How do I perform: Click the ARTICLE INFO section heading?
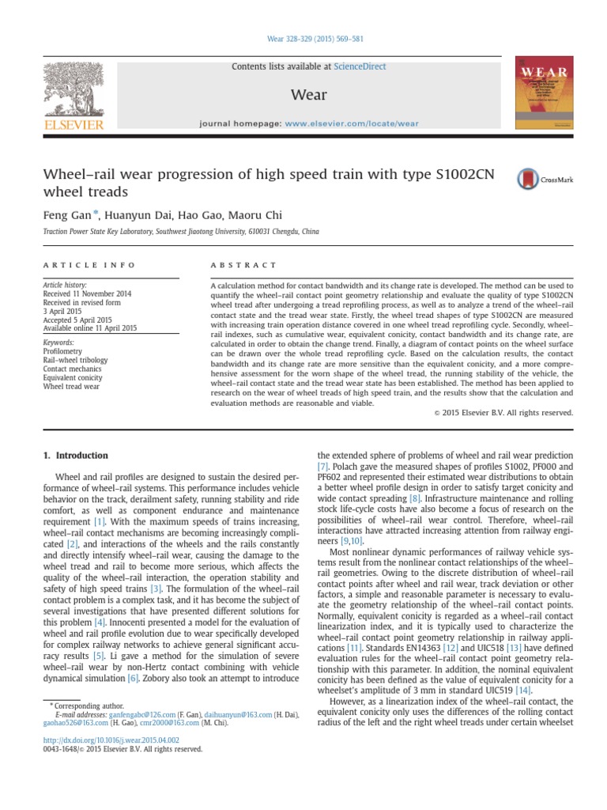[89, 265]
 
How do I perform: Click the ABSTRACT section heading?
[243, 265]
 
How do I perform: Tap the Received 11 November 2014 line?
[88, 293]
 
